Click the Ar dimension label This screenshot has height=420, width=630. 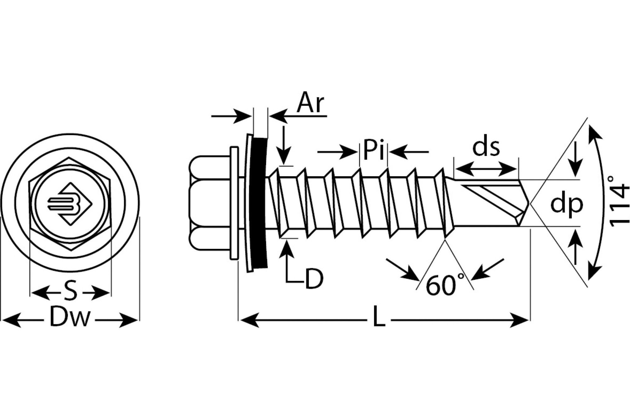click(310, 103)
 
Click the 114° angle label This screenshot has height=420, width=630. click(618, 202)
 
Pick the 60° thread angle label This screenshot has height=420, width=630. click(445, 285)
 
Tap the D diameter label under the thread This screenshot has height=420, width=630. click(314, 279)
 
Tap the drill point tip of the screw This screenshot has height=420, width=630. click(530, 203)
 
